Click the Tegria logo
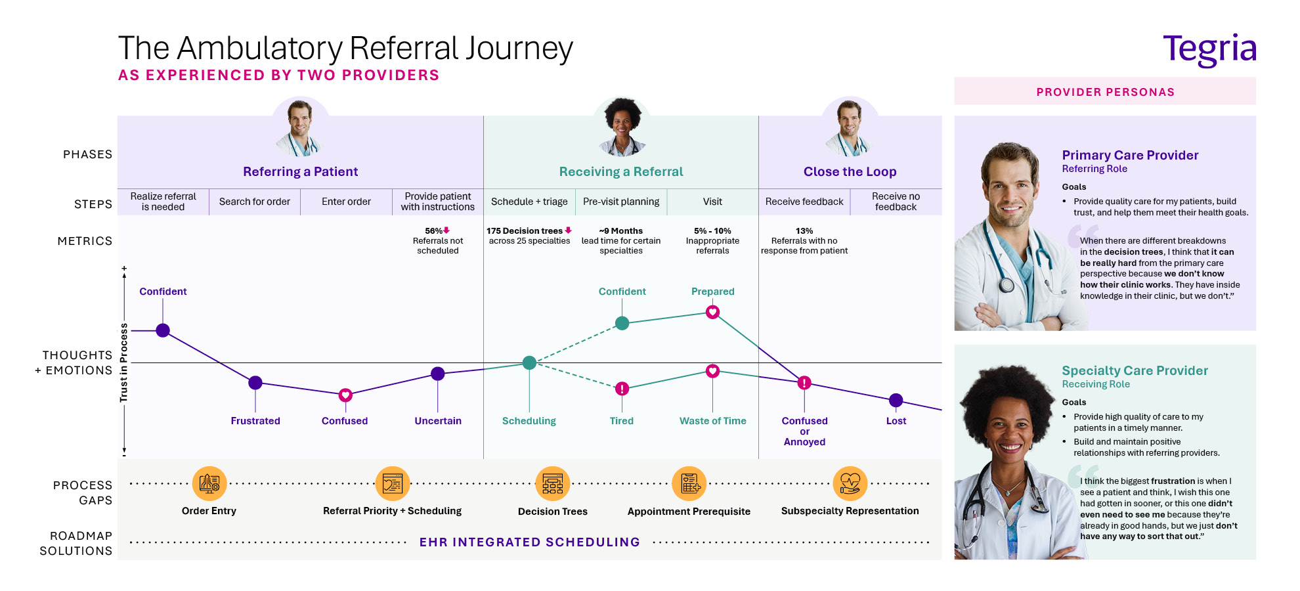click(1209, 49)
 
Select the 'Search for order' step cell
click(255, 202)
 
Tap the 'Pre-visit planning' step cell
click(621, 202)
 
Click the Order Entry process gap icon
click(209, 484)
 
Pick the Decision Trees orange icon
click(553, 484)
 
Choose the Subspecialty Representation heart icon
click(850, 484)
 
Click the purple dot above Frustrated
click(255, 382)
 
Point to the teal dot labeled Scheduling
click(529, 362)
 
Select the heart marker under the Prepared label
click(712, 312)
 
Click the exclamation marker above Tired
click(622, 389)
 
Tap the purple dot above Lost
click(896, 400)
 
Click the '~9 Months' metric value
click(621, 231)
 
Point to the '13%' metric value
click(804, 231)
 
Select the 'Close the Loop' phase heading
click(850, 171)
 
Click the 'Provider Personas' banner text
click(1105, 92)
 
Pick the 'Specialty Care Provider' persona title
click(1135, 370)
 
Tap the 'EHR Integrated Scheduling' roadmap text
click(529, 542)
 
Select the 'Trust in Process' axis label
click(123, 362)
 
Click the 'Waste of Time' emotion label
click(712, 421)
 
